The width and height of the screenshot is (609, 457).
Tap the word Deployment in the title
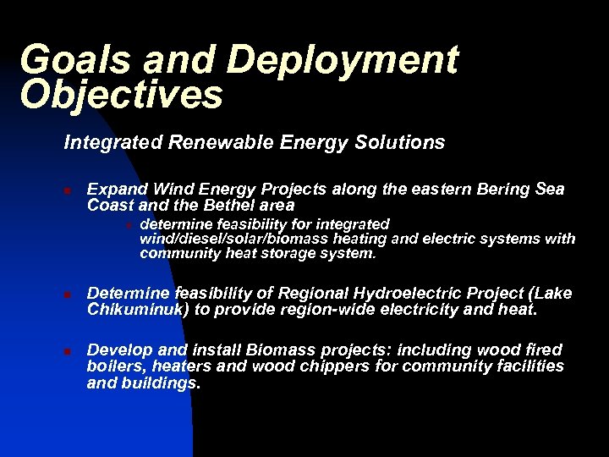(342, 61)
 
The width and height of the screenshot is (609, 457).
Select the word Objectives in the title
(121, 95)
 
